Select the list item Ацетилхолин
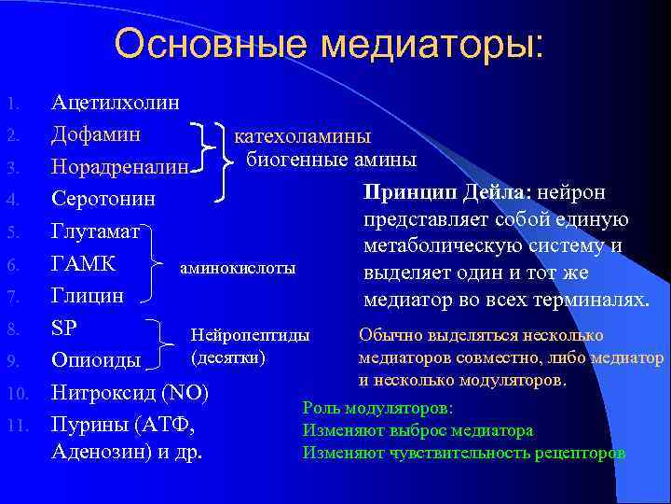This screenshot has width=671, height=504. [x=116, y=102]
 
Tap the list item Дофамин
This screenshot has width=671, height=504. [x=96, y=133]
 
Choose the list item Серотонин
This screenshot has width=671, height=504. [x=103, y=199]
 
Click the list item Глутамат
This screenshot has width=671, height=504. [x=97, y=231]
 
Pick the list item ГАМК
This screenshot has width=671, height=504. [x=84, y=264]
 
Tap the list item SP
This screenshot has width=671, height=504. [x=64, y=329]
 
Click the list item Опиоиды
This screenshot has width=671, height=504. [x=97, y=360]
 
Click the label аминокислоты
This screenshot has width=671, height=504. [x=237, y=268]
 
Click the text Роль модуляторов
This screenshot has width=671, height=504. [x=377, y=409]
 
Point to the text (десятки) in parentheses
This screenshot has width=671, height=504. [x=227, y=357]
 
